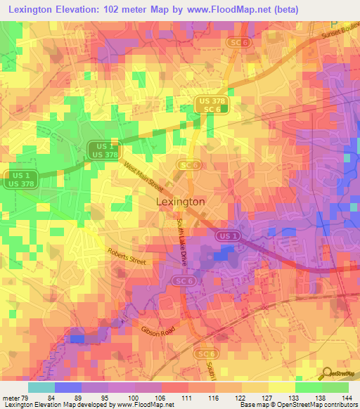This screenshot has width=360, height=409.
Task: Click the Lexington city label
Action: pos(179,202)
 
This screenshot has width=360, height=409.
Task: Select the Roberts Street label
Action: pos(127,255)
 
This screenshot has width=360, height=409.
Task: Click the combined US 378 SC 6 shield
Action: pos(212,105)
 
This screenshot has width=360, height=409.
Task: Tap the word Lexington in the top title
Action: pos(38,9)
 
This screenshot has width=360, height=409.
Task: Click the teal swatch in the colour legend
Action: pos(41,387)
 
